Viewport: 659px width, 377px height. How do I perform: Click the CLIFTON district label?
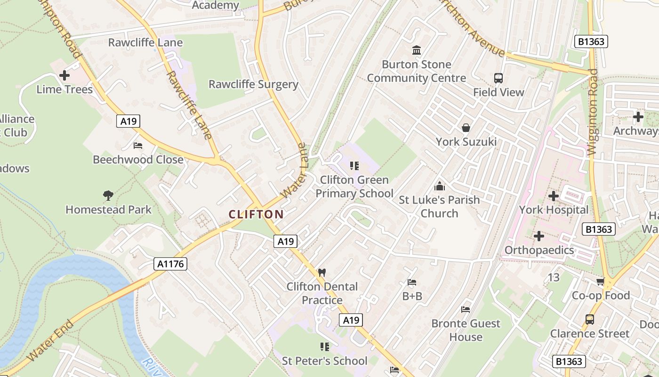pyautogui.click(x=256, y=214)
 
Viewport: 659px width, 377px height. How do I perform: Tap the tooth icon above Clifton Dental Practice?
pyautogui.click(x=322, y=272)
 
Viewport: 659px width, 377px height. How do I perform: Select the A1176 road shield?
pyautogui.click(x=170, y=264)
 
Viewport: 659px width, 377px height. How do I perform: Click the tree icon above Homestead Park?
pyautogui.click(x=108, y=195)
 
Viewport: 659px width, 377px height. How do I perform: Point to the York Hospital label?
pyautogui.click(x=554, y=210)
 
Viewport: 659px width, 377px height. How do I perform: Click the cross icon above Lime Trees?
pyautogui.click(x=64, y=75)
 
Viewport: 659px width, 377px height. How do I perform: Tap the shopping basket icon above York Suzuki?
pyautogui.click(x=466, y=127)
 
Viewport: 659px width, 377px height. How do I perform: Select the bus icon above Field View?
pyautogui.click(x=498, y=78)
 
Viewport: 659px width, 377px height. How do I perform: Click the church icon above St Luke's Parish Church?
pyautogui.click(x=439, y=186)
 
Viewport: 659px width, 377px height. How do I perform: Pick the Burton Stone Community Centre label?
pyautogui.click(x=416, y=71)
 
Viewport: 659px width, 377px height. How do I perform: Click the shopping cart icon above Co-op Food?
pyautogui.click(x=600, y=281)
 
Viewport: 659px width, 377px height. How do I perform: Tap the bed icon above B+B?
pyautogui.click(x=412, y=282)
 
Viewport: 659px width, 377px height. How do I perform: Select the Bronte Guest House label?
pyautogui.click(x=466, y=330)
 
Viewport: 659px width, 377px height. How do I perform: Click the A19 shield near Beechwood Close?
pyautogui.click(x=128, y=121)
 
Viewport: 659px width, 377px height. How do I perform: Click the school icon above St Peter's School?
pyautogui.click(x=324, y=347)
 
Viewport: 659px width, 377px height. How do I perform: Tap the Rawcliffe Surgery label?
pyautogui.click(x=253, y=84)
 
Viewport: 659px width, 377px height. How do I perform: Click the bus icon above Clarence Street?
pyautogui.click(x=590, y=319)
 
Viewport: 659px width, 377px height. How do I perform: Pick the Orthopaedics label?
pyautogui.click(x=539, y=250)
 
